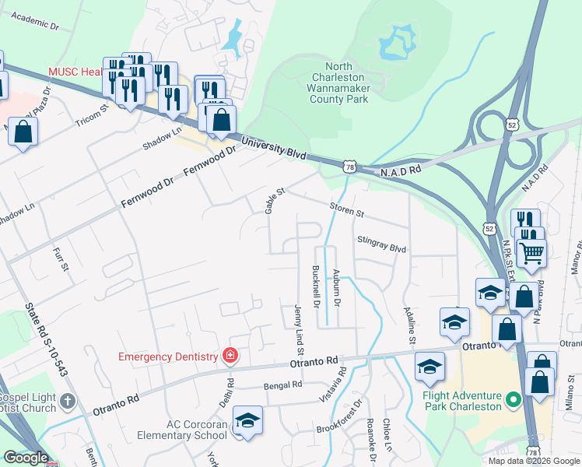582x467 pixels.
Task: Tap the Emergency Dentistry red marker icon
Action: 230,356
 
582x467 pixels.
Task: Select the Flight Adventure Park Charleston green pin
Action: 512,400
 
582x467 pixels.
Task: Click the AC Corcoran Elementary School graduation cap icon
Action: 248,421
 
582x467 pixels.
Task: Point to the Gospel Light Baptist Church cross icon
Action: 68,401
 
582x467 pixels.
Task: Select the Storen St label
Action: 346,210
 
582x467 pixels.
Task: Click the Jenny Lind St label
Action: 298,326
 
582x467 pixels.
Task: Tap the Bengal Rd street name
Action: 282,385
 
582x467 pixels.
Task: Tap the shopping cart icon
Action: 531,252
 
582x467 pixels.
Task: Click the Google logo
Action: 26,458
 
